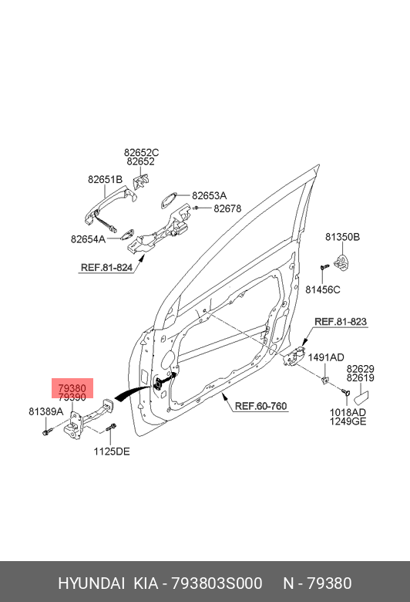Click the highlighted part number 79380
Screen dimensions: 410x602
pos(72,387)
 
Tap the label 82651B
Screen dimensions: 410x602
pos(105,179)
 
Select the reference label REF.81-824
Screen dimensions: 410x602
pos(106,268)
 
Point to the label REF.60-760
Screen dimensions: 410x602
pos(260,406)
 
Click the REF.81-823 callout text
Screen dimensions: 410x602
pos(341,321)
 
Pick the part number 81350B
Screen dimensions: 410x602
pos(342,237)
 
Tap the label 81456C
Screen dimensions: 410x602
pos(323,289)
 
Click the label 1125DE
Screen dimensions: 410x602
pos(112,451)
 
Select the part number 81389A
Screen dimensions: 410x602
pos(46,411)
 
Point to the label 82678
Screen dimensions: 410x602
pos(227,208)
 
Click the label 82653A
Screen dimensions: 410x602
pos(210,195)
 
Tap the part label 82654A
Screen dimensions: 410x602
pos(88,239)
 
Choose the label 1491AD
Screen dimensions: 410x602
pos(326,357)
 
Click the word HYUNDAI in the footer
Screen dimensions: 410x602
pos(91,583)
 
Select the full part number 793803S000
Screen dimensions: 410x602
pos(217,583)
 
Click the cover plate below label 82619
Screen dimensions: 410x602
pos(361,397)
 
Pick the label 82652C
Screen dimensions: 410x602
pos(141,152)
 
